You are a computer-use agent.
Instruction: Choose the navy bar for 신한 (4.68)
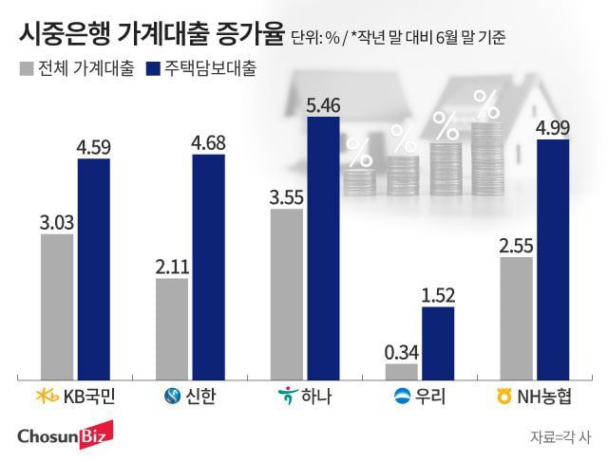point(208,267)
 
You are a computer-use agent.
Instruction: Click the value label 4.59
point(94,147)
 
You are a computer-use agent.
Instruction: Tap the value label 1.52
point(438,294)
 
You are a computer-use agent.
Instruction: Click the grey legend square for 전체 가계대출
point(25,69)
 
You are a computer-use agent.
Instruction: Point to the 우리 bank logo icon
point(402,396)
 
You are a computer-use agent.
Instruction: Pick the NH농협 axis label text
point(553,396)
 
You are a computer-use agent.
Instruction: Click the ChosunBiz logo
point(64,435)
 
